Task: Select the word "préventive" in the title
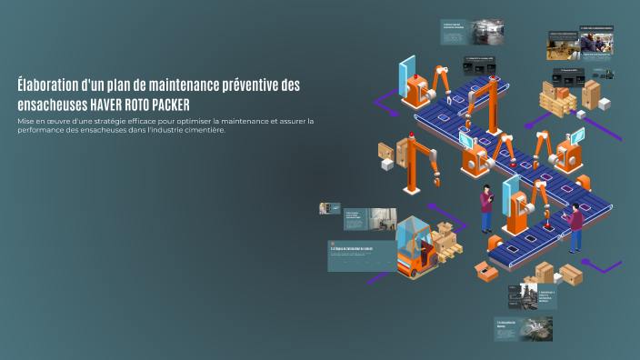(241, 85)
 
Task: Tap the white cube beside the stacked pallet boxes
(604, 104)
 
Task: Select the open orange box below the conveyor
(484, 269)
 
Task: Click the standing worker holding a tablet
(486, 208)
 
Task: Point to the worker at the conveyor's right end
(575, 225)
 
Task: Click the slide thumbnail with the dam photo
(523, 328)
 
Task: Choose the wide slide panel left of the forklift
(362, 255)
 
